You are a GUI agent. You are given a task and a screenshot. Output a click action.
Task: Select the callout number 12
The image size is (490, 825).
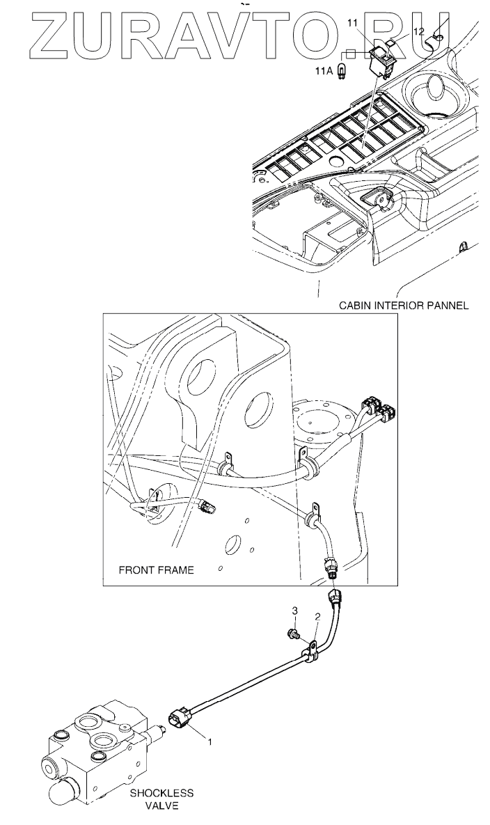tap(418, 31)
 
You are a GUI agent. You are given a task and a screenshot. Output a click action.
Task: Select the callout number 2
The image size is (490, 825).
tap(317, 616)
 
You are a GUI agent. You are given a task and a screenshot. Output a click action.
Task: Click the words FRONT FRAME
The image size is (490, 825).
tap(156, 569)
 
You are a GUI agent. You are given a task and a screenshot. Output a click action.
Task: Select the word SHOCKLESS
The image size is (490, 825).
tap(161, 793)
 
